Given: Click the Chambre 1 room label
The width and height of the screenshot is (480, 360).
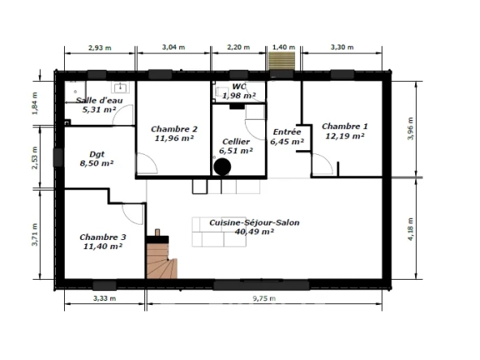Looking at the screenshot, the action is (x=345, y=126).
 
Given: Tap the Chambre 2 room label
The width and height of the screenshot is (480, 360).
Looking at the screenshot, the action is (x=174, y=129).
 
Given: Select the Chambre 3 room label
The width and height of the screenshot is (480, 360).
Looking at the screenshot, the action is (x=103, y=238).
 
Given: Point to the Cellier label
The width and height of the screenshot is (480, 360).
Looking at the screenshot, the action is (x=236, y=142).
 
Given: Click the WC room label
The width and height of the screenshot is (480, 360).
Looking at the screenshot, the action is (x=239, y=87).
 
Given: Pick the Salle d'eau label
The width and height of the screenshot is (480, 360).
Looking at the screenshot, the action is (x=99, y=101).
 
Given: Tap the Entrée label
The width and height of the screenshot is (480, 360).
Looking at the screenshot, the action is (x=287, y=132).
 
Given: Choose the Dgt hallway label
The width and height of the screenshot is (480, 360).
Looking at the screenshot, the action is (x=96, y=154).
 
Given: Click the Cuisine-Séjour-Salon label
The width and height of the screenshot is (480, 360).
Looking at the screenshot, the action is (x=255, y=222).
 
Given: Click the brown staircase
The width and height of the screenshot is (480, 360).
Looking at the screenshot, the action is (x=161, y=260).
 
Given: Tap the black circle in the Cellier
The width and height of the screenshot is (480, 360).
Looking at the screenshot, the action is (x=222, y=167).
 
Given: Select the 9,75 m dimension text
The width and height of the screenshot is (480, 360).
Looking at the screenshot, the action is (x=264, y=298).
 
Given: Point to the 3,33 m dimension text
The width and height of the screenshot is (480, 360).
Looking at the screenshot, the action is (x=105, y=298).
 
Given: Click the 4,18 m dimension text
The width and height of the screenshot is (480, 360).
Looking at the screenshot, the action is (x=410, y=229).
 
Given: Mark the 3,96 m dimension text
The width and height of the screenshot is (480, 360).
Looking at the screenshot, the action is (x=410, y=129).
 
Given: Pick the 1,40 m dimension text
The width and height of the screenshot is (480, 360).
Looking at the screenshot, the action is (x=284, y=47).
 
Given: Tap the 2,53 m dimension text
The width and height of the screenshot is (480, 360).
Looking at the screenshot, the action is (x=35, y=157).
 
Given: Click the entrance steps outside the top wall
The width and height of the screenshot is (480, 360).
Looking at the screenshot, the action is (x=281, y=62).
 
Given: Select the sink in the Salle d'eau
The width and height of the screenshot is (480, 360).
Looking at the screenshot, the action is (x=120, y=88).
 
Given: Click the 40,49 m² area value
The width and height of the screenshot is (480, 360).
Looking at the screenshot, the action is (x=255, y=232).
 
